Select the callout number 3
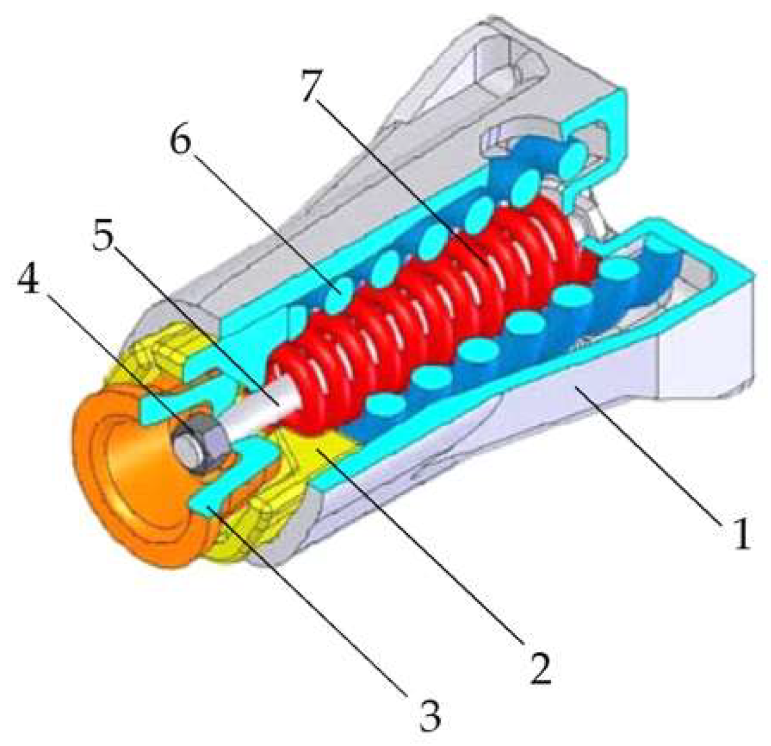tap(431, 713)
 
